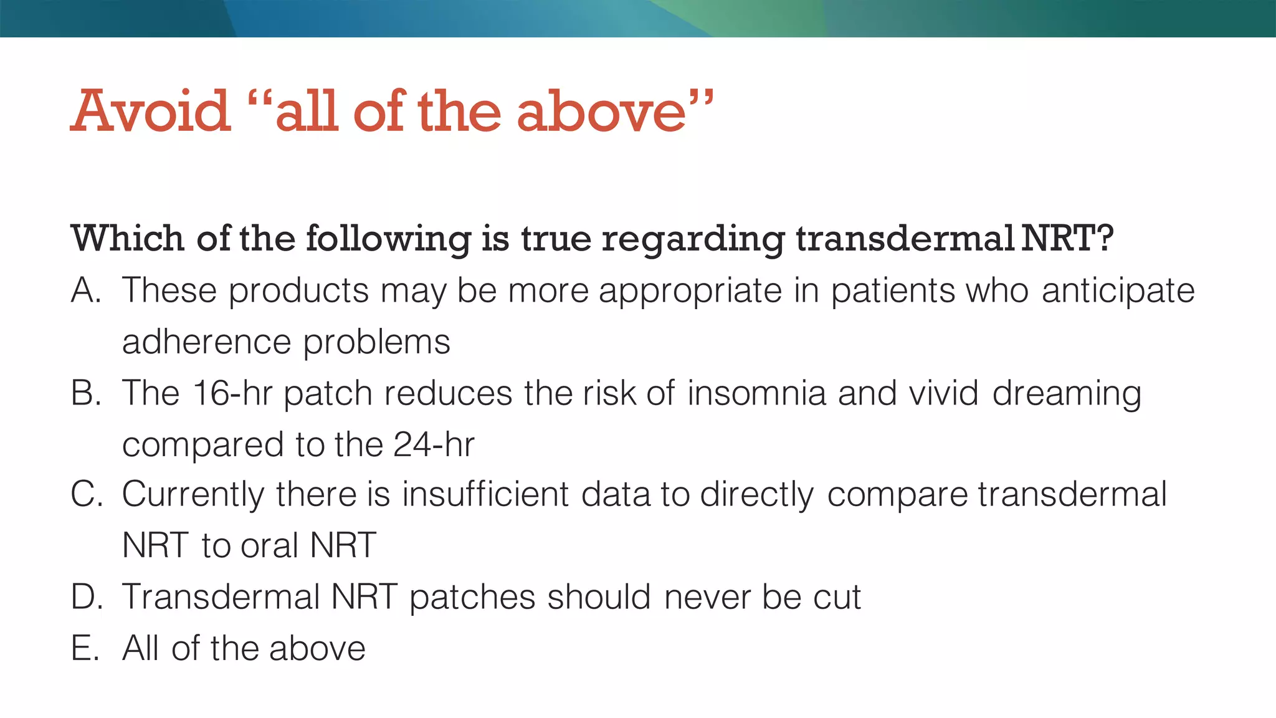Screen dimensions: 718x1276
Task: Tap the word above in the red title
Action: [601, 112]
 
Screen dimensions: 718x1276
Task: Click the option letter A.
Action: [85, 290]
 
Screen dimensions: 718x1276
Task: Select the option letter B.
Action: [85, 393]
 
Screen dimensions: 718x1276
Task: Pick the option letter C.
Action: [86, 494]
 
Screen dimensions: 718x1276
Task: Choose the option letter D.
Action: [86, 596]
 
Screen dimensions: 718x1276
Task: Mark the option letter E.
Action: [85, 648]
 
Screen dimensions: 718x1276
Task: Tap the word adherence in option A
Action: [206, 342]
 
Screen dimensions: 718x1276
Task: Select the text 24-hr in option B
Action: [434, 444]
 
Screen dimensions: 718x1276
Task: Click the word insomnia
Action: [756, 393]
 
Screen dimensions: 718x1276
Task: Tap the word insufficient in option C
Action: [485, 494]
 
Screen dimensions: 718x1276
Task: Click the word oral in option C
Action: [270, 545]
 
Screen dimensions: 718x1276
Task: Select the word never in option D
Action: [707, 597]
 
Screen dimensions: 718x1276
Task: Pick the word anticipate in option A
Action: [1118, 292]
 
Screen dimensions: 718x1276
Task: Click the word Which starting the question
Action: [128, 239]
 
